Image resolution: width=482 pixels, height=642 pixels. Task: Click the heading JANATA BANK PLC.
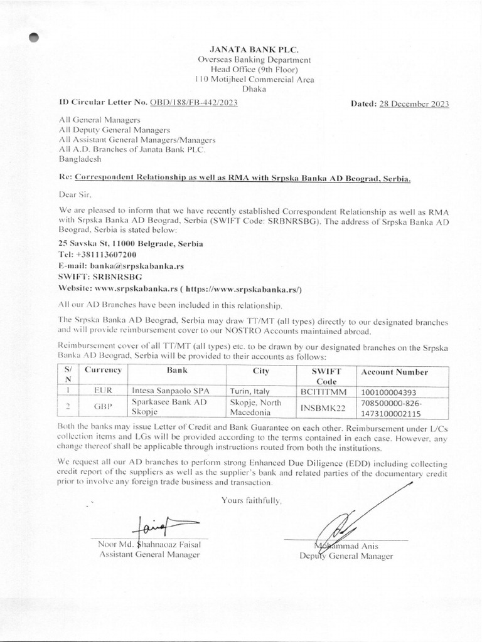(254, 48)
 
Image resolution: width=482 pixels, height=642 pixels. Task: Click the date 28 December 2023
(414, 105)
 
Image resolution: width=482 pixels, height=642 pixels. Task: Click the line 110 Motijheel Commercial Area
(254, 79)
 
